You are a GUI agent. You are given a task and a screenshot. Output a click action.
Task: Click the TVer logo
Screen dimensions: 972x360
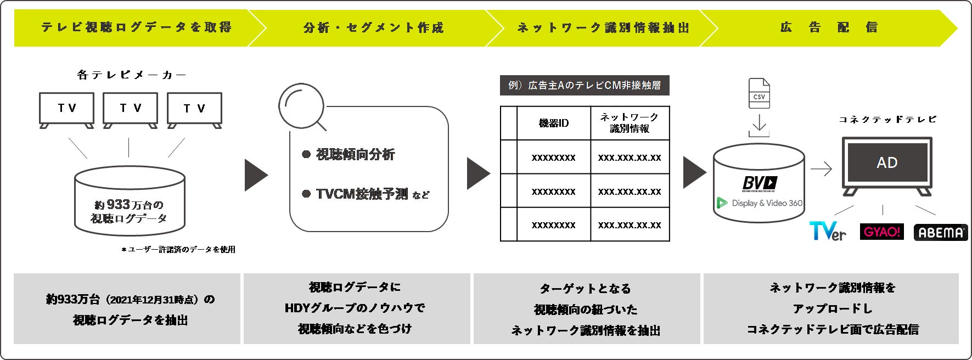828,231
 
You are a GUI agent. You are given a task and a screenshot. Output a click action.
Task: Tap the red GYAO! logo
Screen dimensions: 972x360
881,232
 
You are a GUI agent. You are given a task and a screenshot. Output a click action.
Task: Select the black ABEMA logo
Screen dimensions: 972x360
940,232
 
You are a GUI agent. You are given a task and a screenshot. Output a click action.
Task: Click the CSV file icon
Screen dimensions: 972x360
759,94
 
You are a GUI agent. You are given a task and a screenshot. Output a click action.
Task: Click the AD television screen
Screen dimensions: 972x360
887,163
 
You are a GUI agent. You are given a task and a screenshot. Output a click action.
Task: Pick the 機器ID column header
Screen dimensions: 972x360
553,123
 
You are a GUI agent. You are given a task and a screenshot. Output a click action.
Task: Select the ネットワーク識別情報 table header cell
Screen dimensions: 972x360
630,123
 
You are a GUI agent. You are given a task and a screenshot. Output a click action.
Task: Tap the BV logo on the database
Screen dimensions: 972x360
759,183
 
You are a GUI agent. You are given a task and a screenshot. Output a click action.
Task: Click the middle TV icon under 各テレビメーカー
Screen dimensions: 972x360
130,109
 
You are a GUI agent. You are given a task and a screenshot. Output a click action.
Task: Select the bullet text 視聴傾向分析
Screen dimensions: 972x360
355,155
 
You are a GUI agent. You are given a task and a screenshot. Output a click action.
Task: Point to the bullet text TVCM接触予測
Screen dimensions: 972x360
361,194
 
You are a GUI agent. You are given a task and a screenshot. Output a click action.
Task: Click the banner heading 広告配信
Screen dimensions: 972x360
829,27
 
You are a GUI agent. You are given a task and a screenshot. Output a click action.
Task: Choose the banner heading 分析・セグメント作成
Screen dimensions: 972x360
373,27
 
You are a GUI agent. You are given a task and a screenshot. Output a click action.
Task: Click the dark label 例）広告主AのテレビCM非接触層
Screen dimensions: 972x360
585,86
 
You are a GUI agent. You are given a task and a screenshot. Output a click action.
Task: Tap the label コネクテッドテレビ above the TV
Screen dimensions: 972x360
887,120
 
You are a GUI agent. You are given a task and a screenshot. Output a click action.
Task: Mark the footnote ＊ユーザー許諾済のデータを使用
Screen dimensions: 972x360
178,250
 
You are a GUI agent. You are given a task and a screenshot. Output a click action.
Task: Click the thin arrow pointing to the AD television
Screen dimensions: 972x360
821,169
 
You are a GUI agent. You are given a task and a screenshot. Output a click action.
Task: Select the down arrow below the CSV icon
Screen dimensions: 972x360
759,125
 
